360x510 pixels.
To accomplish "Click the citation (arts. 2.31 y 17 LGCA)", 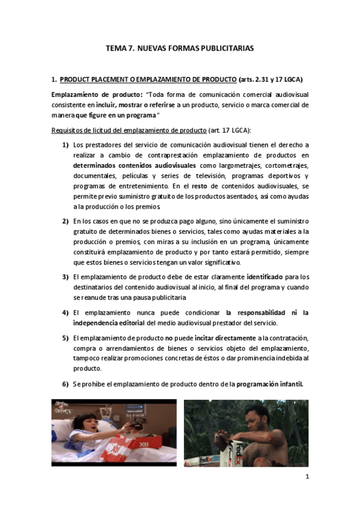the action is coord(270,79).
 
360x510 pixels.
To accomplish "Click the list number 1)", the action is coord(65,145).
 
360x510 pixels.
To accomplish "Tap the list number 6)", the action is coord(65,384).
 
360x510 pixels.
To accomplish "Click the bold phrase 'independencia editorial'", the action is coord(112,323).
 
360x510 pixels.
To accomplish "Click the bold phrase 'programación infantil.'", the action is coord(270,384).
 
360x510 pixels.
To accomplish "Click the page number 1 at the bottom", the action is coord(307,478).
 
